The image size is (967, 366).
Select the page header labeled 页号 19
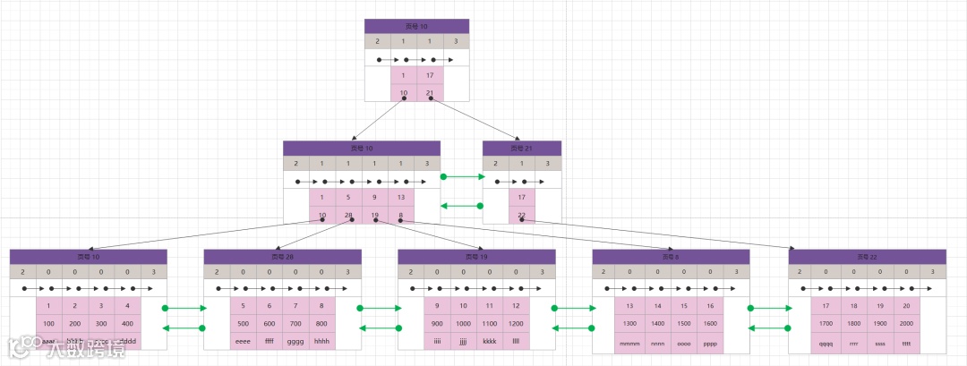click(476, 257)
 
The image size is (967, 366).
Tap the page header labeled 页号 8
click(671, 257)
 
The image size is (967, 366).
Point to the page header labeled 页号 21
click(521, 149)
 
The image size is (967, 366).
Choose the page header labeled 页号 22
click(867, 257)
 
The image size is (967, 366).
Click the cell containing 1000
click(464, 324)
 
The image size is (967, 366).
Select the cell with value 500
click(244, 324)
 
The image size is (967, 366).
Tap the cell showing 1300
click(630, 323)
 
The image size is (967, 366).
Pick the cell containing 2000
click(905, 323)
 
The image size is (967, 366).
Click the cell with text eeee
click(244, 341)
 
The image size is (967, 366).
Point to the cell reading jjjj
click(464, 341)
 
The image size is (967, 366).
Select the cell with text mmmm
click(630, 343)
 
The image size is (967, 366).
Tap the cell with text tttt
click(905, 343)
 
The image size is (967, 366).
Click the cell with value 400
click(127, 324)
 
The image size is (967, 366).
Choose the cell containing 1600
click(710, 323)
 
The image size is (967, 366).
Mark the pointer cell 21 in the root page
click(430, 92)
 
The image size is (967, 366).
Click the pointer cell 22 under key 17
click(521, 215)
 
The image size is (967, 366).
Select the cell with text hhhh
click(322, 341)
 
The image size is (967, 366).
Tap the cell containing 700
click(295, 324)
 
